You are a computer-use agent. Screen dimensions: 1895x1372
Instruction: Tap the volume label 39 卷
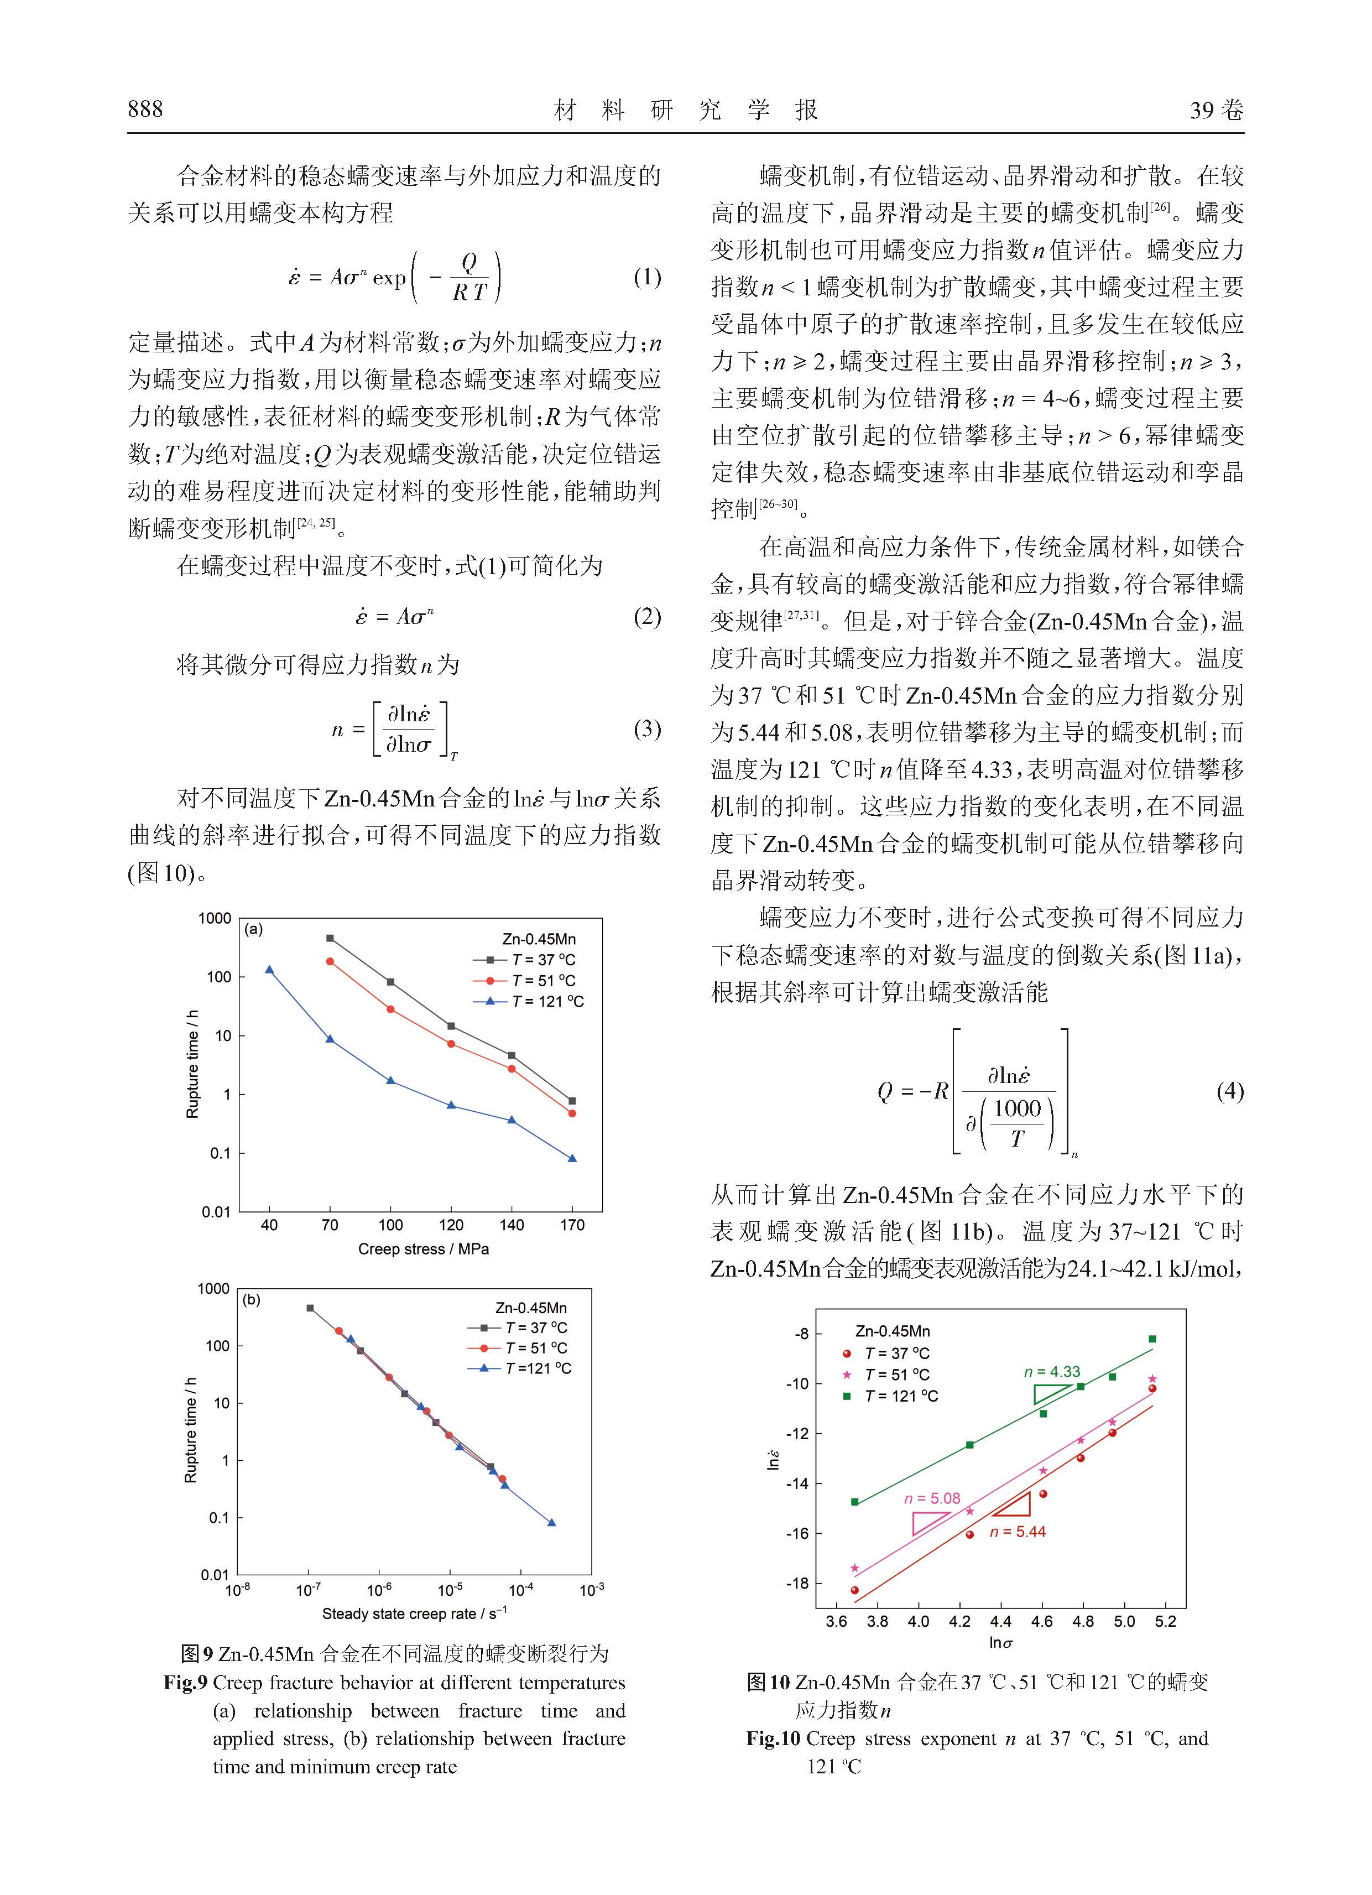[x=1217, y=110]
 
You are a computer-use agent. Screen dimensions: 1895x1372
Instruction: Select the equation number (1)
[x=646, y=278]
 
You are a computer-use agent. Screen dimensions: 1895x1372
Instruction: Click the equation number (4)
[x=1230, y=1091]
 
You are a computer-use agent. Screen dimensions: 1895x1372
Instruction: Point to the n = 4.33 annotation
[x=1052, y=1372]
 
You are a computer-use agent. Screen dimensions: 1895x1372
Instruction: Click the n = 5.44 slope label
[x=1017, y=1532]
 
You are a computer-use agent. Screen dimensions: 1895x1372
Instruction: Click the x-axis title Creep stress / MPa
[x=423, y=1249]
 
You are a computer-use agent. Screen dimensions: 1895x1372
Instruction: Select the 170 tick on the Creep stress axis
[x=572, y=1226]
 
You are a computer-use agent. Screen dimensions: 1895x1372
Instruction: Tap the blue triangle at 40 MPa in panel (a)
[x=269, y=969]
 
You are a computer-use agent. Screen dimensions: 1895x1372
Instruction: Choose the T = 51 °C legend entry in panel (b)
[x=536, y=1348]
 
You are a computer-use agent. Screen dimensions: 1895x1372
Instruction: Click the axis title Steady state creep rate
[x=414, y=1613]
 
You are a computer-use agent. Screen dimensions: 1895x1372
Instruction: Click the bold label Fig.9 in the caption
[x=185, y=1683]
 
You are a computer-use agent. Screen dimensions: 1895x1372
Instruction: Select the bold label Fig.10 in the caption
[x=774, y=1739]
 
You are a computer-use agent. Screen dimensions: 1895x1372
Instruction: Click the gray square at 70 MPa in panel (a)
[x=329, y=938]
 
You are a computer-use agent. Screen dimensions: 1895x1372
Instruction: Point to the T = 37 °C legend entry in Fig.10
[x=896, y=1353]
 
